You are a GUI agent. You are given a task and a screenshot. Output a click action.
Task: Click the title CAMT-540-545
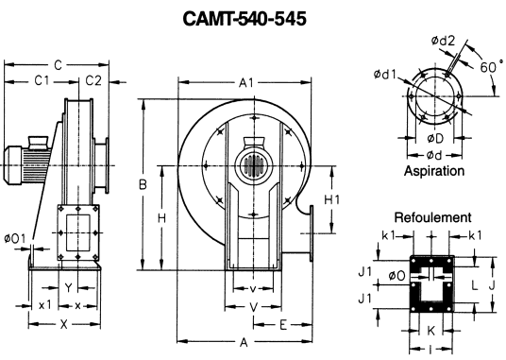tap(245, 19)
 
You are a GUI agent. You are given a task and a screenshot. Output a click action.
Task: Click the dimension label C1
tap(42, 80)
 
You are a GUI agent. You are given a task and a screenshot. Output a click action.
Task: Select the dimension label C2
tap(93, 80)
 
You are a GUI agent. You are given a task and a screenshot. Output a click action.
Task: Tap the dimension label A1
tap(246, 83)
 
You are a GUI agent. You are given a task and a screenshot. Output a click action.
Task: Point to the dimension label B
tap(143, 184)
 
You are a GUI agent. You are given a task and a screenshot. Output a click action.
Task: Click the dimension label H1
tap(331, 200)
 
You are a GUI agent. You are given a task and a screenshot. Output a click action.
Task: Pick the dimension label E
tap(283, 325)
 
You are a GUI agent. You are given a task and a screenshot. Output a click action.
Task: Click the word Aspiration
tap(434, 171)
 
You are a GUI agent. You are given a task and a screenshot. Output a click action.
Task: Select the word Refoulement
tap(432, 217)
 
